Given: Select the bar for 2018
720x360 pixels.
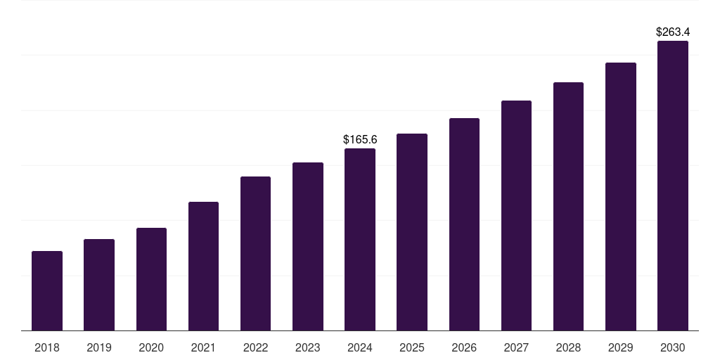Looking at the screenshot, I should [x=47, y=290].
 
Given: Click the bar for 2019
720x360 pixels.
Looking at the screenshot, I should [x=99, y=285].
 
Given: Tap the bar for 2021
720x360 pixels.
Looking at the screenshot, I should [x=203, y=266].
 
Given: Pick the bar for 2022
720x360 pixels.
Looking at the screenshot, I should [x=255, y=253].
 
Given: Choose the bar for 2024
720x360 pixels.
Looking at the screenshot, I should [x=360, y=239].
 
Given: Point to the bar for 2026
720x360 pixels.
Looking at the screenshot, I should [x=464, y=224].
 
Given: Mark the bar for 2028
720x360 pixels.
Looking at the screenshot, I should [x=568, y=206].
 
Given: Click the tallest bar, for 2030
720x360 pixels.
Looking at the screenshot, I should [x=673, y=186].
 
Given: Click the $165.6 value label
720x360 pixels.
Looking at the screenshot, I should [x=360, y=139].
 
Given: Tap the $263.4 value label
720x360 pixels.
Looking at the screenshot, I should [x=673, y=32].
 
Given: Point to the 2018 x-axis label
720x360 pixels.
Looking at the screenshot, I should [x=47, y=347].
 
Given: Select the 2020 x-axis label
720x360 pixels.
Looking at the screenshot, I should [x=151, y=347].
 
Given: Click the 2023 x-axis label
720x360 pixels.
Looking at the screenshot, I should [x=308, y=347].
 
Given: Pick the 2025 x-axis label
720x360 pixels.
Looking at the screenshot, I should [x=412, y=347].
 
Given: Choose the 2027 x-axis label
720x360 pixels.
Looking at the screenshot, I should [x=516, y=347].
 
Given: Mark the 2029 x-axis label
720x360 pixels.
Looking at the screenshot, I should [x=620, y=347].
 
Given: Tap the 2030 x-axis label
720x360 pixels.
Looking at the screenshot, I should [x=673, y=347].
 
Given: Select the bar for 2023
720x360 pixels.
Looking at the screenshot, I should [x=308, y=246].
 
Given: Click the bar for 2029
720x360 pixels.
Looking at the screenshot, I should [x=620, y=196].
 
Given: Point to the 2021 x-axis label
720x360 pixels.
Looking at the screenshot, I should [x=203, y=347].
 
